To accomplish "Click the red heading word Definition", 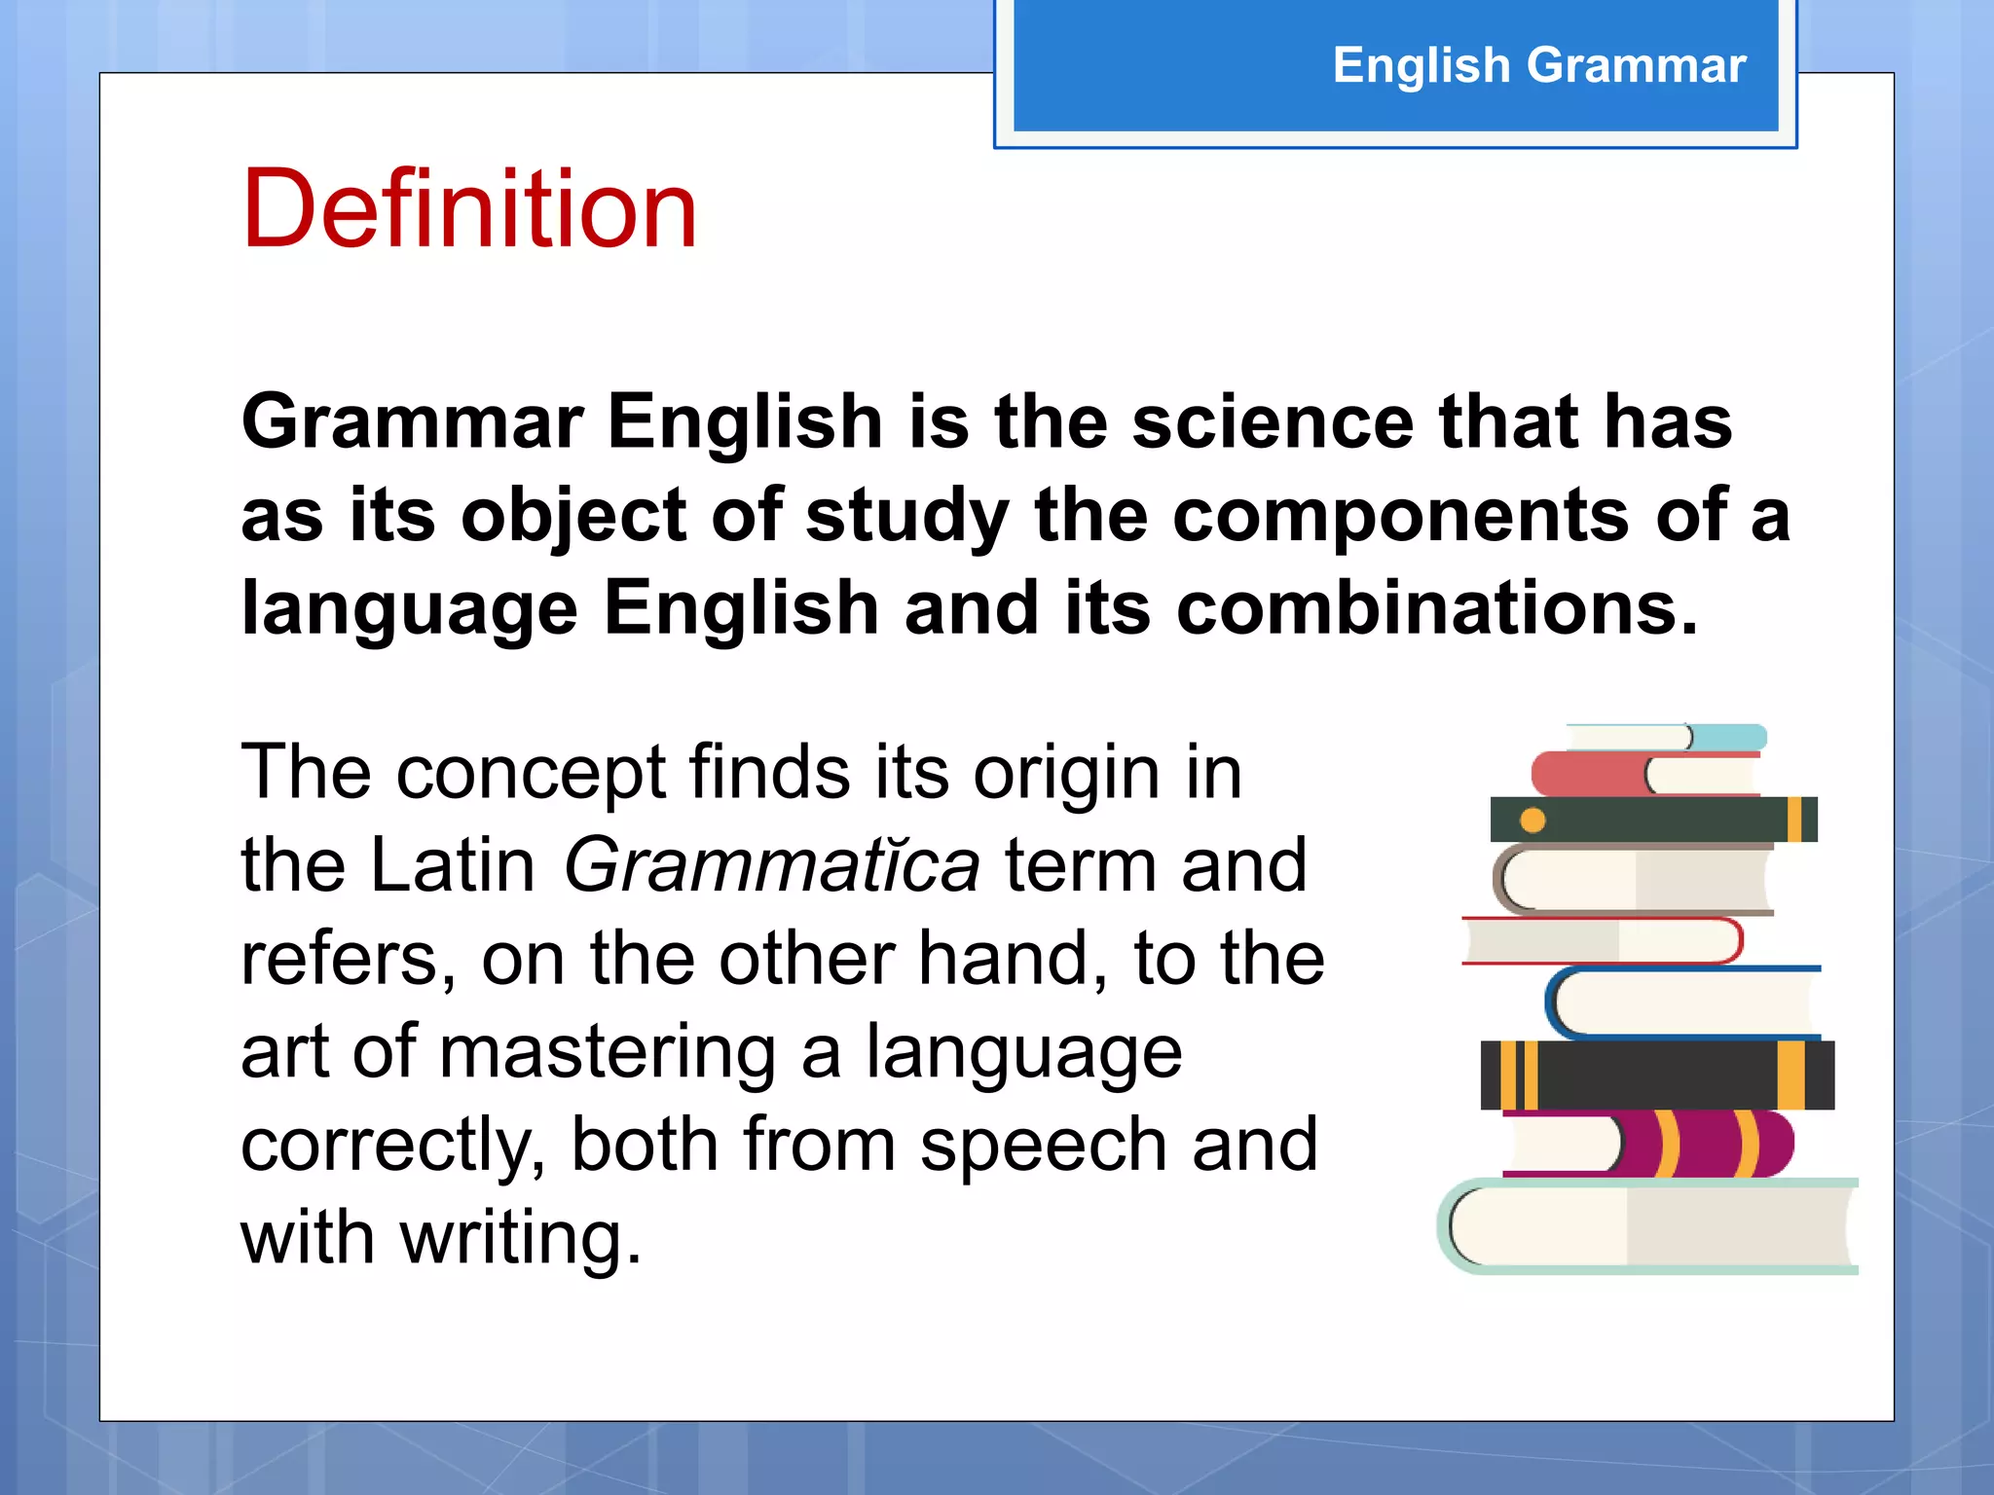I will [x=469, y=208].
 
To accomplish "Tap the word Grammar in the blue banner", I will [x=1636, y=66].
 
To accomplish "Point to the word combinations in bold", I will [x=1436, y=608].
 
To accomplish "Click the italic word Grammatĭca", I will [x=771, y=865].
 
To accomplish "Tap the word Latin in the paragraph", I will [x=453, y=865].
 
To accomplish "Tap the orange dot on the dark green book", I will [x=1532, y=820].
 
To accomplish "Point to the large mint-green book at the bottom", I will [x=1645, y=1226].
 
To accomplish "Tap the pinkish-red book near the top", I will [x=1587, y=775].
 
